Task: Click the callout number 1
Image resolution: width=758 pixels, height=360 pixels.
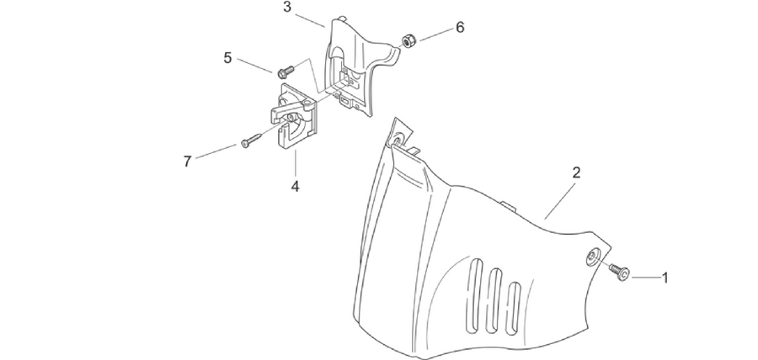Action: (x=665, y=278)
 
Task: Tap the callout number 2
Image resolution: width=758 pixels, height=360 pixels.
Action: (x=576, y=172)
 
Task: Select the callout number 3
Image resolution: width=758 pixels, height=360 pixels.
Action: (x=288, y=8)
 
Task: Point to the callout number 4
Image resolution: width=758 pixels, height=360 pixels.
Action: (x=295, y=186)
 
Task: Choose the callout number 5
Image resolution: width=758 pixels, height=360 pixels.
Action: (x=227, y=58)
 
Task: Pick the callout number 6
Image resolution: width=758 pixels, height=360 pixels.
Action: (x=460, y=28)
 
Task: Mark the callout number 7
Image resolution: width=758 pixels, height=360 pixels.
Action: (x=188, y=161)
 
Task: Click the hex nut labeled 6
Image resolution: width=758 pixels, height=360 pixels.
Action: (x=408, y=41)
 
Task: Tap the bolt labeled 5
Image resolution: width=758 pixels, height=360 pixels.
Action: (x=286, y=71)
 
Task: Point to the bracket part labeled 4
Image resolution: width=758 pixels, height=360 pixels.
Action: (x=293, y=116)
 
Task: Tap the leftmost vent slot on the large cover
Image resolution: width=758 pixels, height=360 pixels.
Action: (x=476, y=295)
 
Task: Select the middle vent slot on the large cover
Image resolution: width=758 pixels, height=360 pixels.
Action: (x=494, y=301)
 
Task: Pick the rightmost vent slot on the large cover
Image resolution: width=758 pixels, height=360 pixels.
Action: (x=514, y=309)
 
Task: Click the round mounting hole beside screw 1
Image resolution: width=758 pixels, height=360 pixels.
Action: (x=594, y=257)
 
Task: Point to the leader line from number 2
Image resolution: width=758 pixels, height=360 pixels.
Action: (x=560, y=201)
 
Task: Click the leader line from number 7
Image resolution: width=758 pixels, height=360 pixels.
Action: (x=216, y=151)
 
